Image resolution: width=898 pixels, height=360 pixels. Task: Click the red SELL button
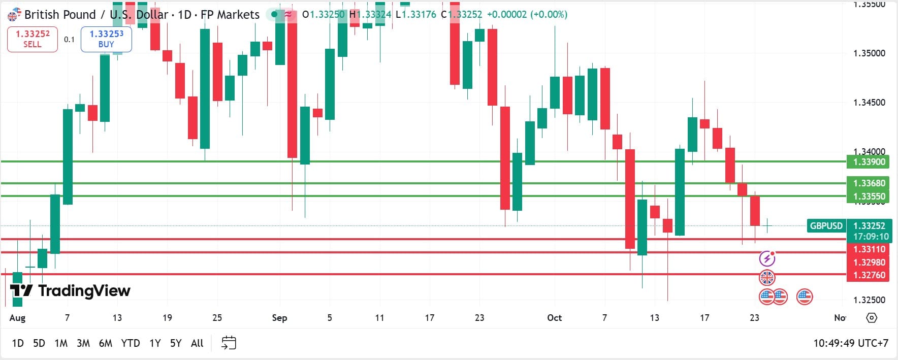33,39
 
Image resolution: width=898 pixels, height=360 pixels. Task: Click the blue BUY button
106,39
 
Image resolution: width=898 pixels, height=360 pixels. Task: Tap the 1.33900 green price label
869,162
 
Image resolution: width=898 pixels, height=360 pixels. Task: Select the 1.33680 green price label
869,183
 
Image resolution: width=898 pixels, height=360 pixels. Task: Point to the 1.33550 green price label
869,197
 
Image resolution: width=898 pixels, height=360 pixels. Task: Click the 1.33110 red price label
869,249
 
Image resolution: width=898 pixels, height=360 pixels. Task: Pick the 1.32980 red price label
869,263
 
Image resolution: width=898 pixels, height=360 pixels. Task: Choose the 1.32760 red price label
869,275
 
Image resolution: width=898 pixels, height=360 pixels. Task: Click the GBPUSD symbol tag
826,225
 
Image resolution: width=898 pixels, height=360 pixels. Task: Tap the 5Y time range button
176,343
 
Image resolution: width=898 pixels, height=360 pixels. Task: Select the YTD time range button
131,343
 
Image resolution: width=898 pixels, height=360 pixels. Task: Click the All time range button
197,343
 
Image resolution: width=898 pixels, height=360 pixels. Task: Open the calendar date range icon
229,343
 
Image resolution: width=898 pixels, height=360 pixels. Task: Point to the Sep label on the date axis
279,318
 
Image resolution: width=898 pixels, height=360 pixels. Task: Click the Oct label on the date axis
554,318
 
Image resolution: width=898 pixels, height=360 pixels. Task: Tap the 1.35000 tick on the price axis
869,53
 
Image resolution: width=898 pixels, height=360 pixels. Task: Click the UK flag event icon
767,278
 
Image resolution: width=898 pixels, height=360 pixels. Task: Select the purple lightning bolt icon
767,259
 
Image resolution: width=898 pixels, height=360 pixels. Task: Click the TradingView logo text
84,290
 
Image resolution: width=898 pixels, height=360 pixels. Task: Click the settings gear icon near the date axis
872,318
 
